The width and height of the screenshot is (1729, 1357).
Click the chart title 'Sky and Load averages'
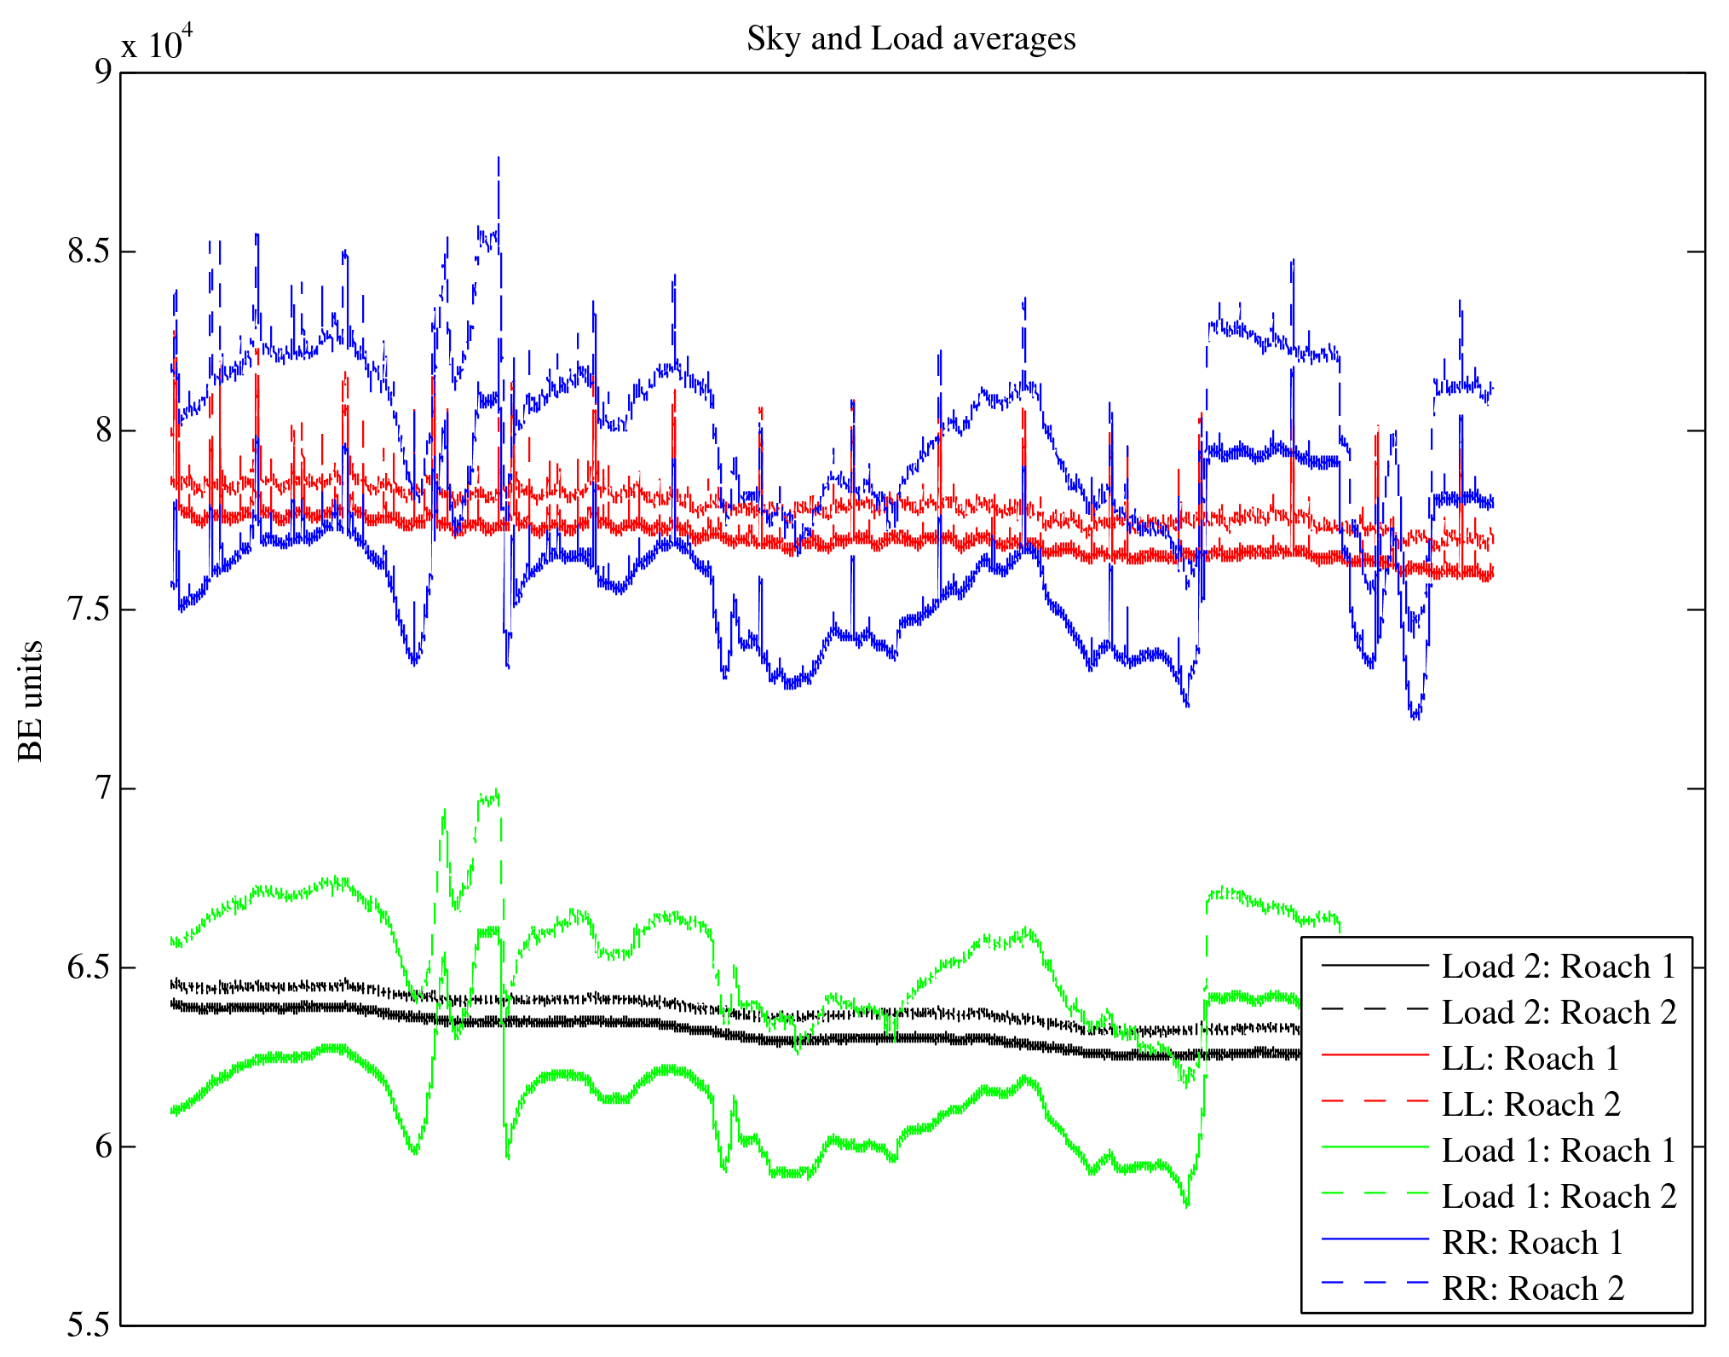click(911, 39)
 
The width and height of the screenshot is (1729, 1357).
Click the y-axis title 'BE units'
click(31, 700)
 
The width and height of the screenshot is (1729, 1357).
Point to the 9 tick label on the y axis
click(103, 72)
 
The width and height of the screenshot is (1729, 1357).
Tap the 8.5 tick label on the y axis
click(89, 251)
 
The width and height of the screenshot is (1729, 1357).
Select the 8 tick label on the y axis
click(103, 430)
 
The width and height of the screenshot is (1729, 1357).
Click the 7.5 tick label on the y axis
click(89, 609)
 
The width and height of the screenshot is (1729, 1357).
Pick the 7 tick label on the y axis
click(103, 788)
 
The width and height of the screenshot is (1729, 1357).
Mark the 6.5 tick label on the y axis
click(89, 967)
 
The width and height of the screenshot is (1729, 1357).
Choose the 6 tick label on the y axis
click(103, 1146)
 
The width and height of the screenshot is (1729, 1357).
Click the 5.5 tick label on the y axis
click(89, 1325)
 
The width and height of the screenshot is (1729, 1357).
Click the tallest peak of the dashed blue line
click(499, 158)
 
